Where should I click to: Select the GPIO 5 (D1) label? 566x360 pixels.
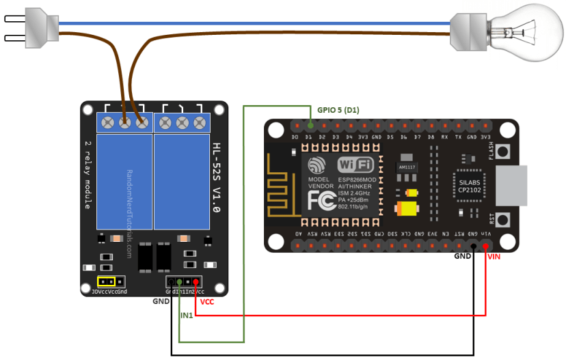click(x=338, y=109)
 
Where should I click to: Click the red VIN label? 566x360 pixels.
click(x=494, y=257)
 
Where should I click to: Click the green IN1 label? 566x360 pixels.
click(x=187, y=315)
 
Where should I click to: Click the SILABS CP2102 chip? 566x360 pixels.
click(x=468, y=182)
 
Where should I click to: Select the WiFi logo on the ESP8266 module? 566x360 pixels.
click(x=355, y=165)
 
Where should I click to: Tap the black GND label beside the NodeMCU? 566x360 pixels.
click(x=462, y=257)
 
